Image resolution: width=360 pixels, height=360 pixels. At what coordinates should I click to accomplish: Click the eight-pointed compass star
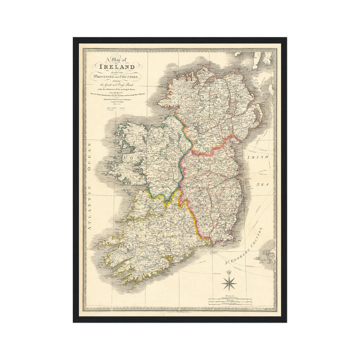229,283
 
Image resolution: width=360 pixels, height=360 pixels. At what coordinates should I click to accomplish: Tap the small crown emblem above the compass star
229,273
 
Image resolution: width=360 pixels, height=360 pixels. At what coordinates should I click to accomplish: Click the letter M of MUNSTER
138,236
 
